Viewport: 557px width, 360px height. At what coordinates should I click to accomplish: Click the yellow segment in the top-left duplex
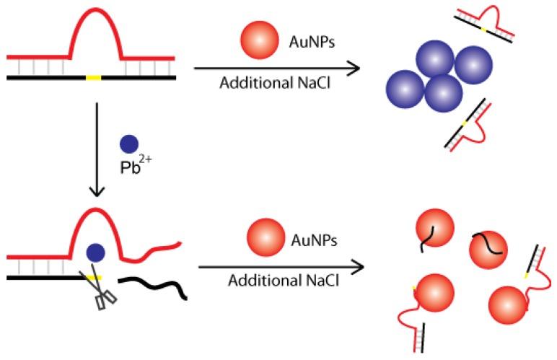(x=92, y=75)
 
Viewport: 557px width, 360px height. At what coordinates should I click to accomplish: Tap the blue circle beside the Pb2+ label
(x=129, y=144)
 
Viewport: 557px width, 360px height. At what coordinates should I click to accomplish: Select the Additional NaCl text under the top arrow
(x=265, y=83)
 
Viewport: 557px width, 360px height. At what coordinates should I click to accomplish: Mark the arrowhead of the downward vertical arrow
(x=97, y=193)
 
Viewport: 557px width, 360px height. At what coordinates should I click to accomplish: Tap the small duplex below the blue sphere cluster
(x=469, y=128)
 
